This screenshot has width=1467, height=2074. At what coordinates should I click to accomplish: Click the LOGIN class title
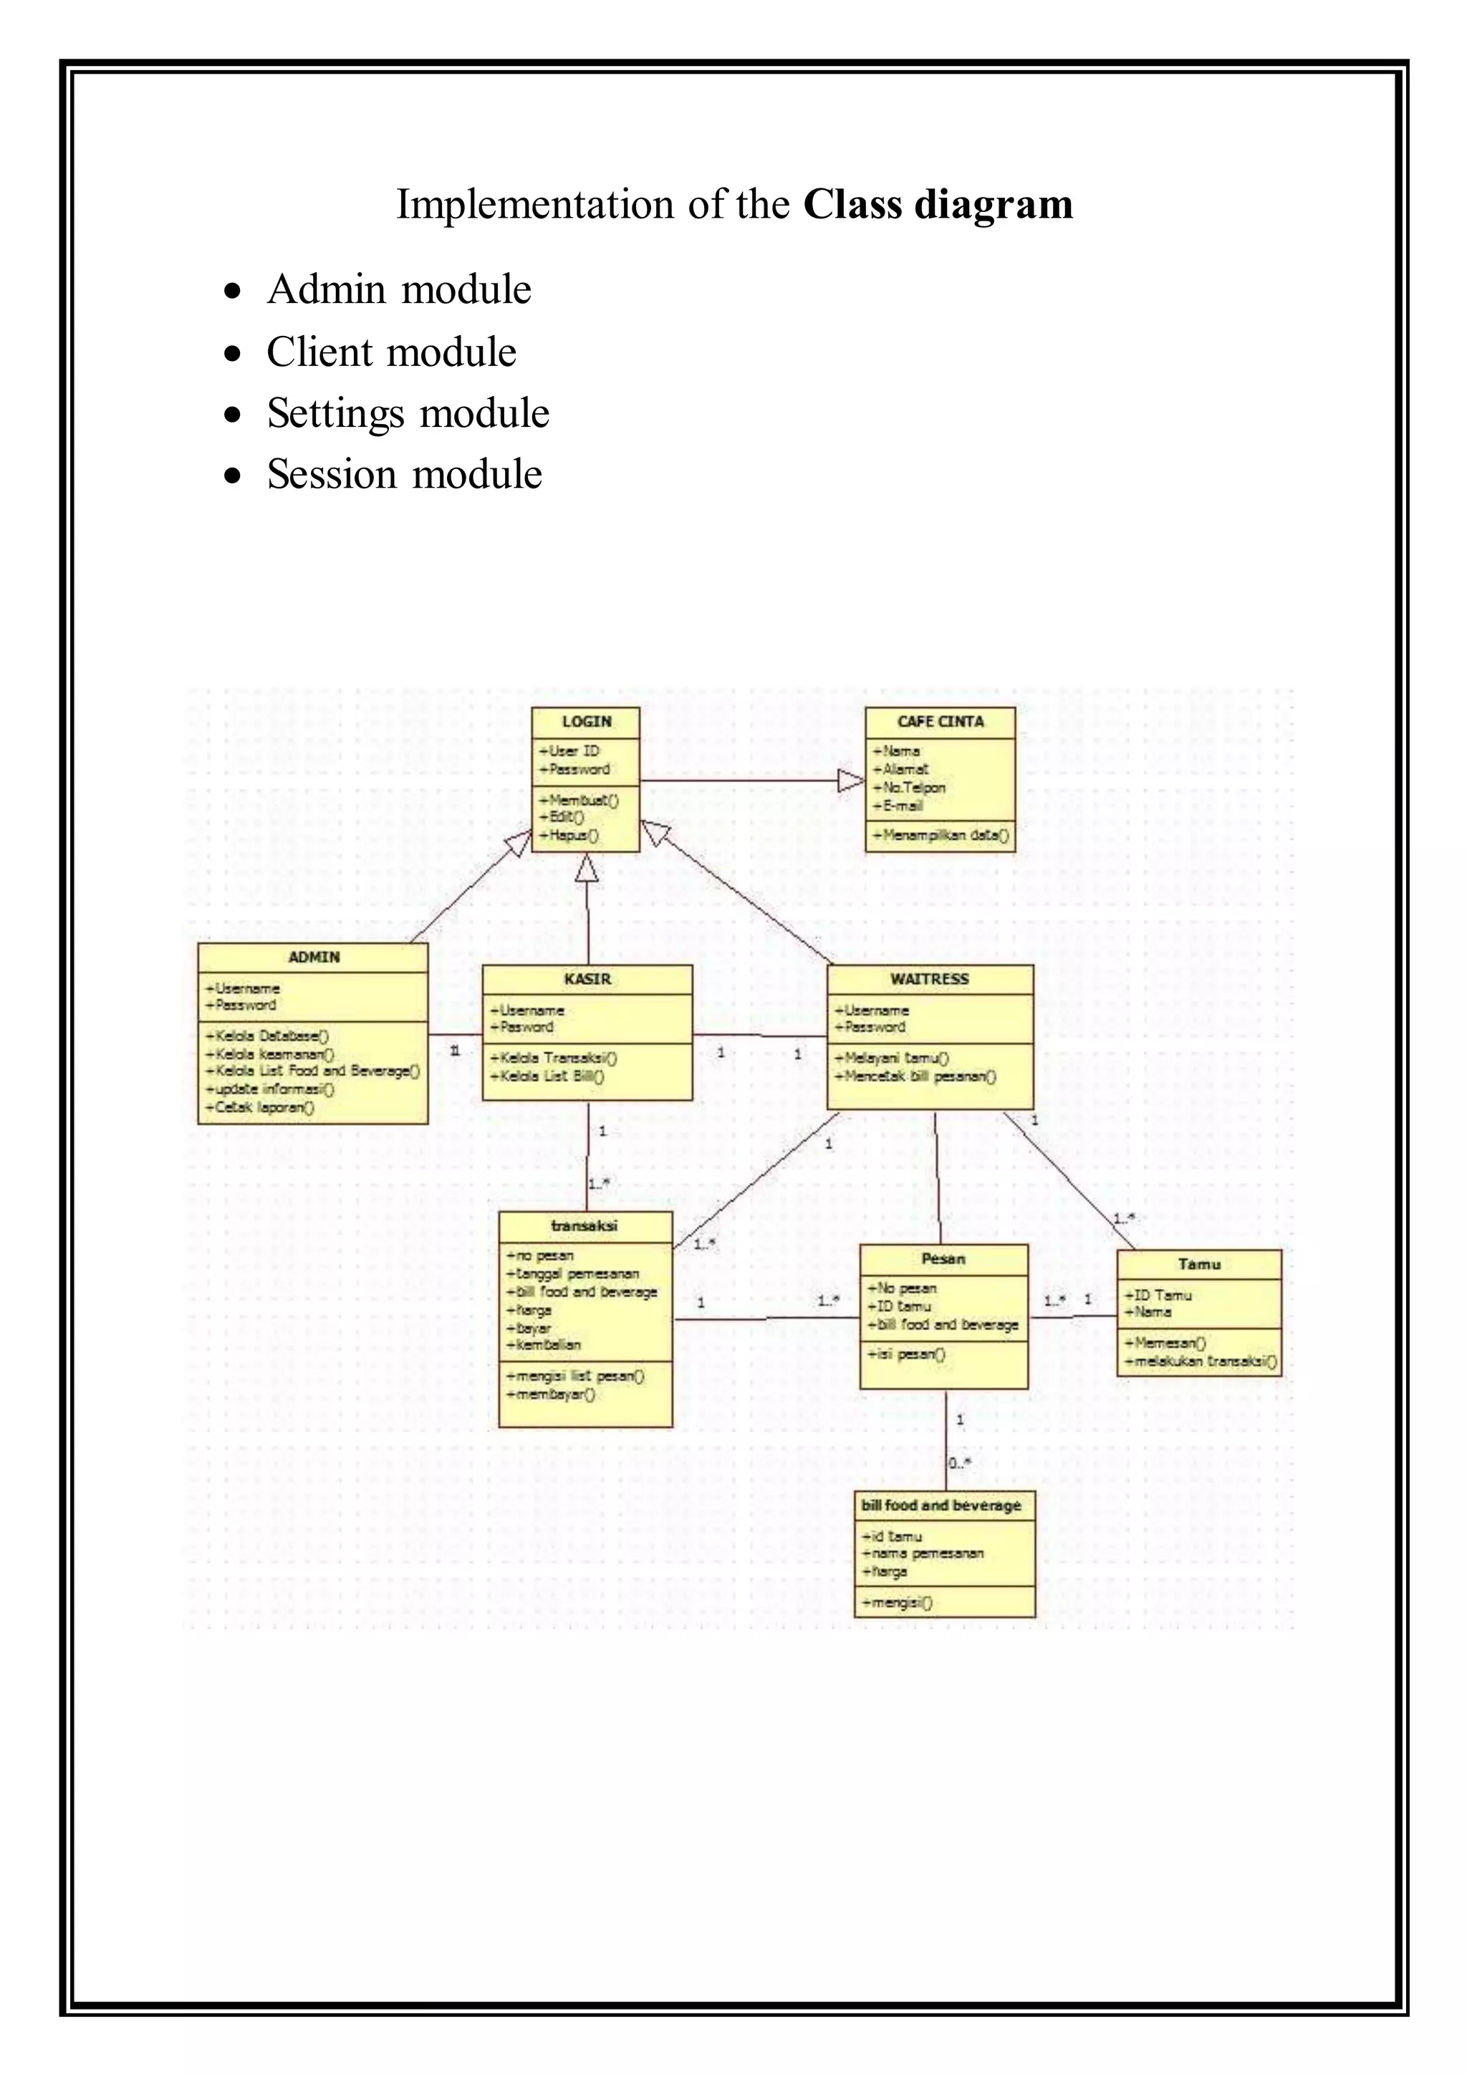pyautogui.click(x=586, y=722)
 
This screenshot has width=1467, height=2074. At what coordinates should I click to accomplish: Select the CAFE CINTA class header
pyautogui.click(x=941, y=722)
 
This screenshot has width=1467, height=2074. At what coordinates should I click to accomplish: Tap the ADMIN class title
pyautogui.click(x=314, y=958)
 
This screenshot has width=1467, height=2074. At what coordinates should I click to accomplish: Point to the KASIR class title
pyautogui.click(x=587, y=979)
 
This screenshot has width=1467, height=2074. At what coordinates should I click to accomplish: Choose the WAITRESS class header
pyautogui.click(x=930, y=979)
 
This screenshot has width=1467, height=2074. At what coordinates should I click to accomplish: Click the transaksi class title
pyautogui.click(x=585, y=1226)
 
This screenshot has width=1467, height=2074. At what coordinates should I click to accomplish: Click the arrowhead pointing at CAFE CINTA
pyautogui.click(x=850, y=781)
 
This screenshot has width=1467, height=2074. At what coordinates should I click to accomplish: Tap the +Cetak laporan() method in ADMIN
pyautogui.click(x=260, y=1107)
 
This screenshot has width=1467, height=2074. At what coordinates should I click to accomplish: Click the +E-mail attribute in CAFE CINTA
pyautogui.click(x=898, y=806)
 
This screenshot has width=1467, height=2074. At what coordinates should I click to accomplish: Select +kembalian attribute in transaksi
pyautogui.click(x=544, y=1345)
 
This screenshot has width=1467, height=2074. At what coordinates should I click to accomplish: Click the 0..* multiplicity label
pyautogui.click(x=959, y=1463)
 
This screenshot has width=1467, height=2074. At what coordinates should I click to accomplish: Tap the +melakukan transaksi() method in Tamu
pyautogui.click(x=1201, y=1362)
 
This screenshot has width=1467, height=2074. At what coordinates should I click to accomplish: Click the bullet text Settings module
pyautogui.click(x=408, y=414)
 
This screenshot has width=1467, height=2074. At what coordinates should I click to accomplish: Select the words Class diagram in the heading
pyautogui.click(x=938, y=204)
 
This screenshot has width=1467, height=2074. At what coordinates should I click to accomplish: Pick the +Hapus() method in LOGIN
pyautogui.click(x=568, y=836)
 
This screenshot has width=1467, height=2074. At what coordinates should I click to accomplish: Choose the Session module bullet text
pyautogui.click(x=404, y=475)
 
